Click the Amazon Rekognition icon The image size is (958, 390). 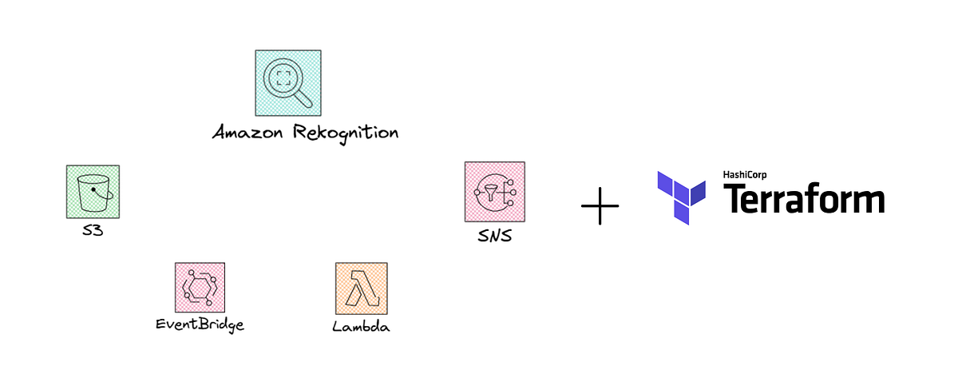(x=287, y=83)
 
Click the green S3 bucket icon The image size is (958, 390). (x=92, y=191)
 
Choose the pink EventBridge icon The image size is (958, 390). (x=200, y=288)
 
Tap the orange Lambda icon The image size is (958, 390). (x=362, y=288)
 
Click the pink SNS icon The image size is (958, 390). (x=494, y=191)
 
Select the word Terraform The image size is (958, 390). (x=803, y=199)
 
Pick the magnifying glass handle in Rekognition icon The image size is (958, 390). (x=304, y=98)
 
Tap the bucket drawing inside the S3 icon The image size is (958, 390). (x=92, y=192)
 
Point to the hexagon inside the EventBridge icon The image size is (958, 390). (x=199, y=287)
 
